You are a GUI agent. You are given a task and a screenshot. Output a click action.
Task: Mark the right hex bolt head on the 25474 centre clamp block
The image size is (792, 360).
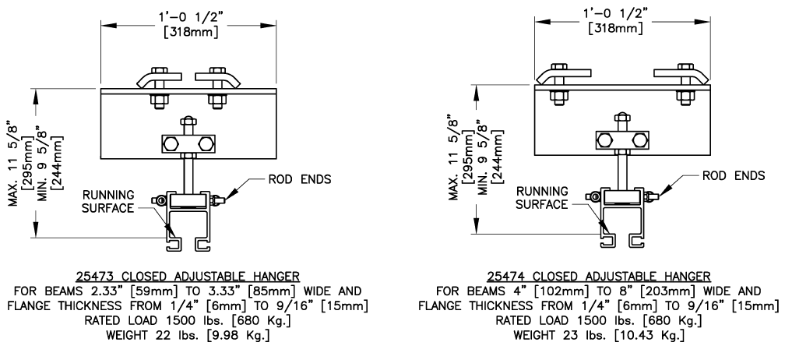[639, 140]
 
